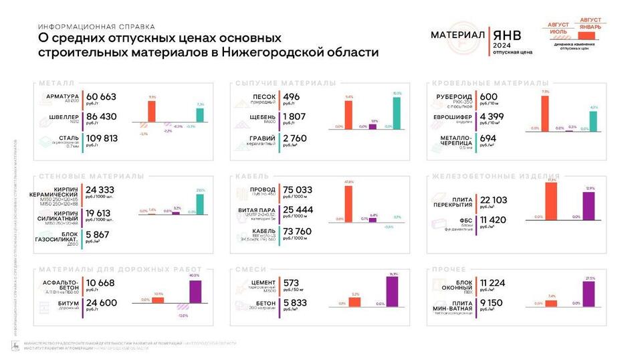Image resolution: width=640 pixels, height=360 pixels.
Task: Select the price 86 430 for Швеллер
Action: click(101, 116)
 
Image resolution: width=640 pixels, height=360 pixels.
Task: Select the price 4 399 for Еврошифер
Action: click(493, 117)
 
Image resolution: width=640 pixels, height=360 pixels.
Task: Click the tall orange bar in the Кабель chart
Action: click(348, 202)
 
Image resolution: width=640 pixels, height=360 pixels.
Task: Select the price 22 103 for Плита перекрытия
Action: click(494, 200)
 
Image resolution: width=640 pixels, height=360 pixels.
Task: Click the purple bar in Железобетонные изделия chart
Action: click(589, 205)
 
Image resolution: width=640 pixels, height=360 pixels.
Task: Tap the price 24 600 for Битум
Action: click(101, 302)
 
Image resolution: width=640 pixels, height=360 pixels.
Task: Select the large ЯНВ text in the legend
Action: click(506, 35)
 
